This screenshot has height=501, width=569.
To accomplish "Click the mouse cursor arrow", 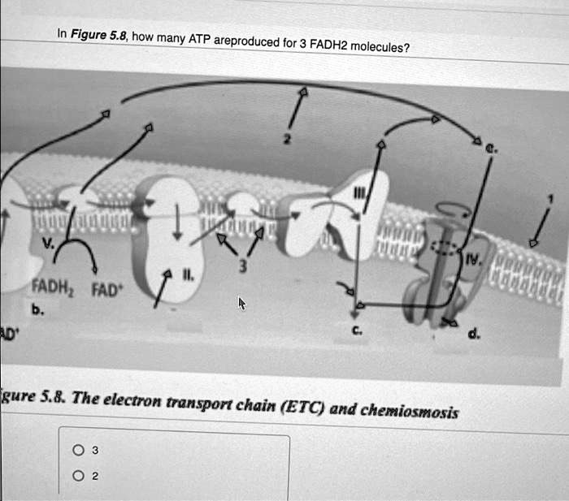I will click(241, 303).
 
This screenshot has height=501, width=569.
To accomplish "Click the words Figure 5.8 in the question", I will click(96, 35).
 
